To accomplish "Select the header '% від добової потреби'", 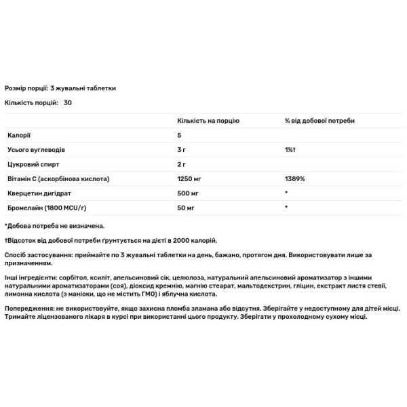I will [x=319, y=120].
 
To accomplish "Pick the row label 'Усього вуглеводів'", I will [x=35, y=149].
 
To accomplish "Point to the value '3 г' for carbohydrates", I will [x=182, y=149].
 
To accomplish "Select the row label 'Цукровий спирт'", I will [x=30, y=163].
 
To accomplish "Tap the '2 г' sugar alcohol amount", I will [x=182, y=163].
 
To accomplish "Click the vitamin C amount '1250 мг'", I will [x=190, y=178].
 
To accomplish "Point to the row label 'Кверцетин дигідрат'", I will [x=37, y=193].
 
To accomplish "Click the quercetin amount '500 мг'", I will [x=188, y=193].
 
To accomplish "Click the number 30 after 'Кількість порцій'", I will [x=67, y=102].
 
